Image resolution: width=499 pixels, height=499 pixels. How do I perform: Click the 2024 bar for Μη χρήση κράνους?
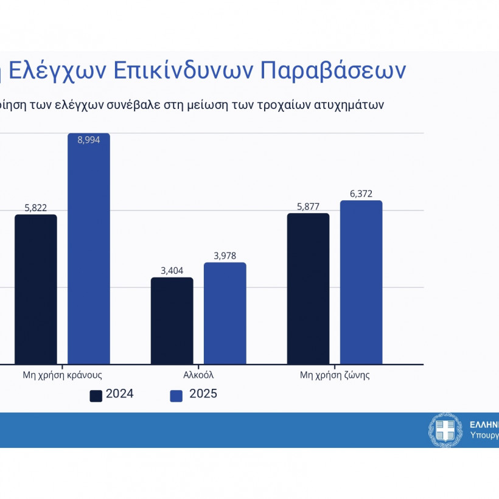[x=36, y=289]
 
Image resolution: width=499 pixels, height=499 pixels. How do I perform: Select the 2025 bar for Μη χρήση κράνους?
[x=89, y=249]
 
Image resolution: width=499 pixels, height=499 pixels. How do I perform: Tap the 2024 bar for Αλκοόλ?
[x=172, y=321]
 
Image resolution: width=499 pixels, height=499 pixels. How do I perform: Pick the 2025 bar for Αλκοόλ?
[x=225, y=313]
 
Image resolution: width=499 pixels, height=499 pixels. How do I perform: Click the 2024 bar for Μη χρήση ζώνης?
[x=308, y=288]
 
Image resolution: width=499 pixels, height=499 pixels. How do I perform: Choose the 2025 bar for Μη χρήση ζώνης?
[x=361, y=282]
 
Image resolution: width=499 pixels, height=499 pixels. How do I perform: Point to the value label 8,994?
[x=89, y=140]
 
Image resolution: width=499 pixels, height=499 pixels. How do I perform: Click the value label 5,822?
[x=36, y=208]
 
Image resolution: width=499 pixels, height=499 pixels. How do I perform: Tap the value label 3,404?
[x=172, y=271]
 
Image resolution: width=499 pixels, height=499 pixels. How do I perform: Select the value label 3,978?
[x=225, y=256]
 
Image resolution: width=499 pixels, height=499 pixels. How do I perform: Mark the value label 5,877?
[x=308, y=206]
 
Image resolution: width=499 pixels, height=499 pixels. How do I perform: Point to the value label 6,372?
[x=361, y=194]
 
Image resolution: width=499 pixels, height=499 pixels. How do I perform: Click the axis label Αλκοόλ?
[x=198, y=375]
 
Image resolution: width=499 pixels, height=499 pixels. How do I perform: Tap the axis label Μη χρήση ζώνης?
[x=335, y=375]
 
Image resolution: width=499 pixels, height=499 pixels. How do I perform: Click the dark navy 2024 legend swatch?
[x=96, y=396]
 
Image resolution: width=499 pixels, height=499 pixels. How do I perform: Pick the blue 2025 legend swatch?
[x=176, y=396]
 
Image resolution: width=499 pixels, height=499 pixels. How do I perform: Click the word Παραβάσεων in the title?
[x=333, y=71]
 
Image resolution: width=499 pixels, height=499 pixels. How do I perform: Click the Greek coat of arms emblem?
[x=445, y=430]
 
